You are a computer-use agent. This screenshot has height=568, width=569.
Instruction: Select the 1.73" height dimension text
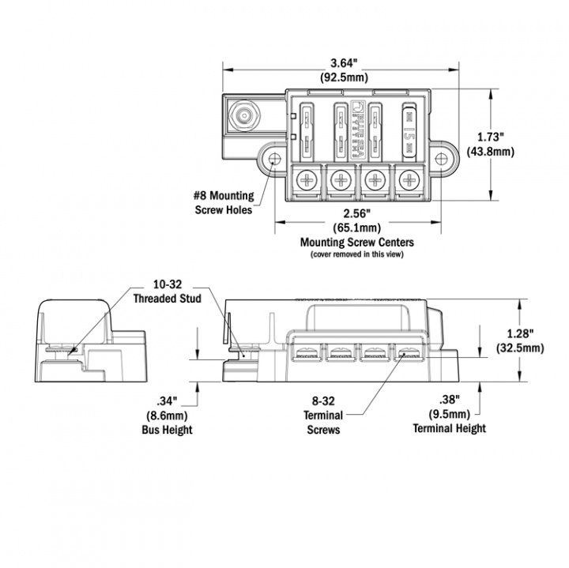[x=488, y=137]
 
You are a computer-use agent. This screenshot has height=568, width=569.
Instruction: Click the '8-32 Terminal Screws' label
[x=323, y=417]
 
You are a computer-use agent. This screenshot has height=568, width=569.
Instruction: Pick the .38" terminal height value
[x=449, y=400]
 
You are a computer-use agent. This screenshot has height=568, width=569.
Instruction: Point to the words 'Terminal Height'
[x=449, y=428]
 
